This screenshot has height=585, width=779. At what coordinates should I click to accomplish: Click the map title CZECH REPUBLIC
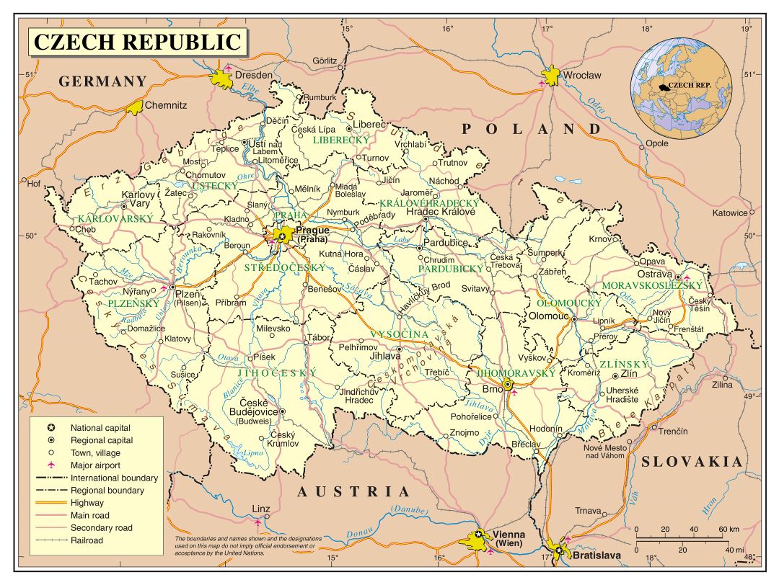tap(138, 42)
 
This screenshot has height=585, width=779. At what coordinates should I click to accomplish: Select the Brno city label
tap(492, 388)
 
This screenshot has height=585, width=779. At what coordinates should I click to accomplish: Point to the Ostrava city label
tap(654, 274)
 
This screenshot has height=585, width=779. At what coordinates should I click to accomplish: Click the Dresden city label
tap(255, 75)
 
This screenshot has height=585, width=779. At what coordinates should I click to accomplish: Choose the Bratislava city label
tap(597, 555)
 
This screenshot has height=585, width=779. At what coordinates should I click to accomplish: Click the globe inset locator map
tap(681, 89)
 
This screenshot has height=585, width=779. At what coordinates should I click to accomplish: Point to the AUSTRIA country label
tap(353, 492)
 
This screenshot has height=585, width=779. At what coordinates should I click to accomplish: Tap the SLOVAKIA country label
tap(692, 462)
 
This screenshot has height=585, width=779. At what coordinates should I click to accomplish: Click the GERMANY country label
tap(102, 81)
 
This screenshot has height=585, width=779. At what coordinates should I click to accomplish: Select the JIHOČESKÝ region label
tap(278, 372)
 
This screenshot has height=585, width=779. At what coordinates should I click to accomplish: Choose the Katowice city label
tap(730, 213)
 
